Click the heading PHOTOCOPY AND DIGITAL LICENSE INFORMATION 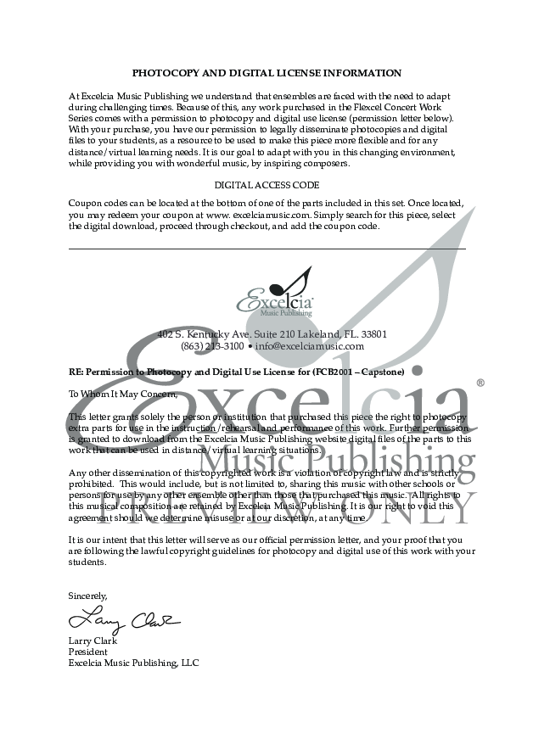tap(267, 74)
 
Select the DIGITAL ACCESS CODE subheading tap(267, 185)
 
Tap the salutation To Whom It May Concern tap(111, 394)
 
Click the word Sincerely tap(87, 596)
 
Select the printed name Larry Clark tap(93, 641)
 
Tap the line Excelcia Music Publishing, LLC tap(133, 663)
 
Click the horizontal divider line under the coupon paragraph tap(267, 249)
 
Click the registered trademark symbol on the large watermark tap(480, 383)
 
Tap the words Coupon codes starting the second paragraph tap(98, 204)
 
